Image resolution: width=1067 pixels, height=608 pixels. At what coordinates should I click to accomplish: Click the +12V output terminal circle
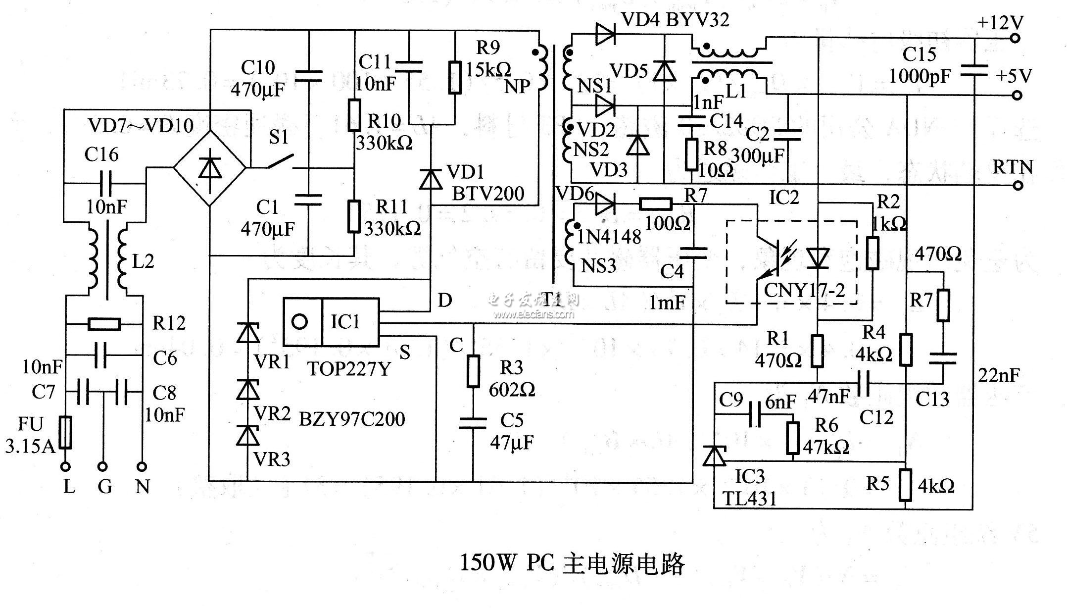point(1015,38)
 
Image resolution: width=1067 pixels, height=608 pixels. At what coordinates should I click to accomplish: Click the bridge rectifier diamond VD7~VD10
point(210,168)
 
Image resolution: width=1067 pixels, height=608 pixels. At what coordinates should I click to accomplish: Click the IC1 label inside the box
point(345,322)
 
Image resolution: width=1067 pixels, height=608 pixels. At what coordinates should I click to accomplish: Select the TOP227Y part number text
point(349,368)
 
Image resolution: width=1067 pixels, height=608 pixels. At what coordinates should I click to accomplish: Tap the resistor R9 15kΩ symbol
point(455,77)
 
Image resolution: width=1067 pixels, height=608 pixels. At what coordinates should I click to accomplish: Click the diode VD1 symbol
point(431,179)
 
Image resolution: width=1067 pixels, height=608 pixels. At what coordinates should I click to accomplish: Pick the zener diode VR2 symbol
point(248,390)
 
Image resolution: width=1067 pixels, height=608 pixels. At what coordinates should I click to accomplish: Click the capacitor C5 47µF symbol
point(473,423)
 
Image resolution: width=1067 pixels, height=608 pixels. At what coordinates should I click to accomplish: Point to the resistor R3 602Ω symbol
point(473,371)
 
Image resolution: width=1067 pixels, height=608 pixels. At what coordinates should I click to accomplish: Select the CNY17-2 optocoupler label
point(804,290)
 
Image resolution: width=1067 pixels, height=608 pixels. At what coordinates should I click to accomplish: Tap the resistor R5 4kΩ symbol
point(905,485)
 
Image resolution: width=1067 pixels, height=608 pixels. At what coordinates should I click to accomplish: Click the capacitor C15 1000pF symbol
point(974,71)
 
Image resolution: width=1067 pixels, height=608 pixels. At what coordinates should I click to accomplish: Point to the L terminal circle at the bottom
point(65,466)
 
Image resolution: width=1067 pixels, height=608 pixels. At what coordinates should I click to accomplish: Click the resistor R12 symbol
point(104,324)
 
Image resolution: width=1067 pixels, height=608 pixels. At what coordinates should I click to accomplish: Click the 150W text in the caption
point(488,562)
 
